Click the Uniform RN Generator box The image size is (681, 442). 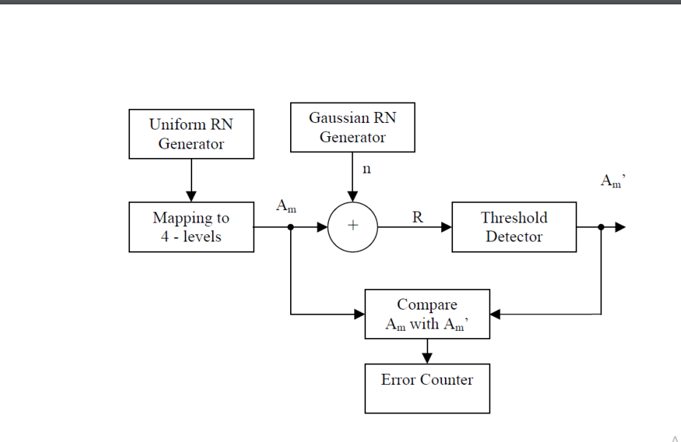pyautogui.click(x=191, y=134)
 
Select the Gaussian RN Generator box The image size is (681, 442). pyautogui.click(x=352, y=127)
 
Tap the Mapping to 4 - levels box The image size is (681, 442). pyautogui.click(x=191, y=227)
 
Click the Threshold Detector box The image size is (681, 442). pyautogui.click(x=514, y=227)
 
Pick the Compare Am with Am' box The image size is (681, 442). pyautogui.click(x=427, y=314)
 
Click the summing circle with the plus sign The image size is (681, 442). pyautogui.click(x=353, y=227)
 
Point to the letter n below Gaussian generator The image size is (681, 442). pyautogui.click(x=367, y=169)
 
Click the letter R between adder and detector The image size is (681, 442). pyautogui.click(x=417, y=217)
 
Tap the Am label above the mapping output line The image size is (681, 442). pyautogui.click(x=286, y=206)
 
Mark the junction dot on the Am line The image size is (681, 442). pyautogui.click(x=291, y=227)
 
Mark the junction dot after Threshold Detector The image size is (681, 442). pyautogui.click(x=601, y=227)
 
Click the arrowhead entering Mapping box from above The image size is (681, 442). pyautogui.click(x=191, y=197)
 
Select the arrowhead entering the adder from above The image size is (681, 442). pyautogui.click(x=353, y=196)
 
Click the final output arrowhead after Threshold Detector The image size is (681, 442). pyautogui.click(x=620, y=227)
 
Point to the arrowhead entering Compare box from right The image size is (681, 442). pyautogui.click(x=495, y=314)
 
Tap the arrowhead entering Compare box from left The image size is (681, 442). pyautogui.click(x=359, y=314)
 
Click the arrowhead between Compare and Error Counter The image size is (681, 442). pyautogui.click(x=427, y=357)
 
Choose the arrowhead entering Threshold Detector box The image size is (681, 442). pyautogui.click(x=446, y=227)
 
